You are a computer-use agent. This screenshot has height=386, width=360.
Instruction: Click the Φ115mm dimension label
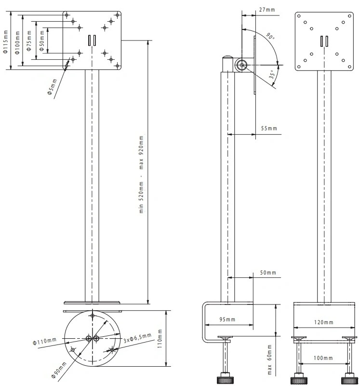(x=6, y=41)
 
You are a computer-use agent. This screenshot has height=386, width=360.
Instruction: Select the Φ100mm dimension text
(x=17, y=42)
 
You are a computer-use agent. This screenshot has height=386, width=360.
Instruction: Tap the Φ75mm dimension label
(x=29, y=41)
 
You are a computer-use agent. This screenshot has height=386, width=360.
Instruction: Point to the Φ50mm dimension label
(x=42, y=41)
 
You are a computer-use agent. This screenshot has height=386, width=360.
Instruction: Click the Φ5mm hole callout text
(x=52, y=87)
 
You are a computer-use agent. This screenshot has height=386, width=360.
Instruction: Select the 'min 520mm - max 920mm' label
(x=141, y=174)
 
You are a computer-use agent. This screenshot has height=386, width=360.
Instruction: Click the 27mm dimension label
(x=267, y=10)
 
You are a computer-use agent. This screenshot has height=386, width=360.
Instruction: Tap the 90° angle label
(x=270, y=36)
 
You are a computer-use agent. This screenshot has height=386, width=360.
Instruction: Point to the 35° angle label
(x=272, y=74)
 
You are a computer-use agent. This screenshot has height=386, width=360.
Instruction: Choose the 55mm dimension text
(x=269, y=128)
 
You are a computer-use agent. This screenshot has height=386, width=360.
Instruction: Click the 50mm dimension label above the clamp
(x=268, y=273)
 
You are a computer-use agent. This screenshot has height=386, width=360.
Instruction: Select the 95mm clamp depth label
(x=227, y=319)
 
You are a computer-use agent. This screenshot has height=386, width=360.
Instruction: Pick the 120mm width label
(x=323, y=322)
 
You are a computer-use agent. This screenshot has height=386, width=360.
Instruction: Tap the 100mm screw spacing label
(x=323, y=358)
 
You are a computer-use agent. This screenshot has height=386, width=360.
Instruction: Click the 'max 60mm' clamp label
(x=269, y=359)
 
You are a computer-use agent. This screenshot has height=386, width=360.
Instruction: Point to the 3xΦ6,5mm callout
(x=137, y=338)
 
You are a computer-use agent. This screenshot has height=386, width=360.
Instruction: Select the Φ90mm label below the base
(x=59, y=370)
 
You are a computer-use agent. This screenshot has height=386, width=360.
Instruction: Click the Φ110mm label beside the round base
(x=45, y=342)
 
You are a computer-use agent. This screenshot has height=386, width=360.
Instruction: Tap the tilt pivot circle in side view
(x=242, y=65)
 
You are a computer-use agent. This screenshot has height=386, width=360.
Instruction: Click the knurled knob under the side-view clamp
(x=225, y=380)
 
